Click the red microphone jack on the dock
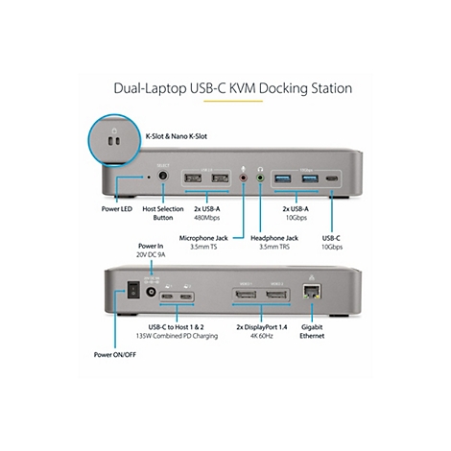(244, 178)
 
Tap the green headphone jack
(261, 178)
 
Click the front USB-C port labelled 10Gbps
(332, 178)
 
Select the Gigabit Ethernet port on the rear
(312, 292)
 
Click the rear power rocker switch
(133, 290)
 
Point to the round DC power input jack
(151, 292)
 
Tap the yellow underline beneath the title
(233, 101)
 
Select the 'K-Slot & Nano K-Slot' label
(177, 136)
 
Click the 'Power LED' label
(117, 209)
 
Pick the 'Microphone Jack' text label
(203, 238)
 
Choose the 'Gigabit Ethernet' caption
(312, 331)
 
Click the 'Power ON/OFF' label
(115, 355)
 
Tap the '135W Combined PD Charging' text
(177, 336)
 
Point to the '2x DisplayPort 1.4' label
(262, 327)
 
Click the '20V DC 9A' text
(151, 255)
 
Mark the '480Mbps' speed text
(207, 218)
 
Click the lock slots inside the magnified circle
(114, 140)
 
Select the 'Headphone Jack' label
(274, 238)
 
